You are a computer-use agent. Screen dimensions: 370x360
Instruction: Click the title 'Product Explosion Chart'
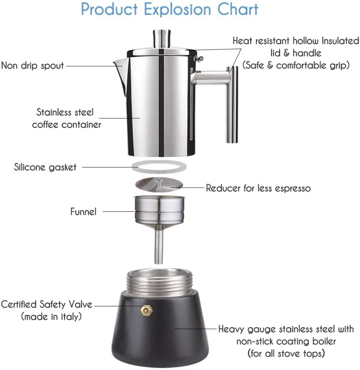coord(170,10)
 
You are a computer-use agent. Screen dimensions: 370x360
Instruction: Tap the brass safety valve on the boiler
coord(146,309)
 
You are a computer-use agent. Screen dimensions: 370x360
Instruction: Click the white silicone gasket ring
coord(159,167)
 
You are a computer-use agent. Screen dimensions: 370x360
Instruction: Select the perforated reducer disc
coord(159,184)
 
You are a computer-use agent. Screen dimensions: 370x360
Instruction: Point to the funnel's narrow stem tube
coord(158,247)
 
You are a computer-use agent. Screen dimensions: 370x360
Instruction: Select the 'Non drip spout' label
coord(32,65)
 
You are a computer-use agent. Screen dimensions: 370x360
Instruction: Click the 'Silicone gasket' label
coord(45,167)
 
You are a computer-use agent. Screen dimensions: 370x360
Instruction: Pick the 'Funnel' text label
coord(83,211)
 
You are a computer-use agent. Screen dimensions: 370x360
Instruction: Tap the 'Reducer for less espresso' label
coord(258,188)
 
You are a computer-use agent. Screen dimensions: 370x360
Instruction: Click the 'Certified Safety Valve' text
coord(47,304)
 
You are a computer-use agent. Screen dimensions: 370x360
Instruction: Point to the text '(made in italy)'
coord(51,317)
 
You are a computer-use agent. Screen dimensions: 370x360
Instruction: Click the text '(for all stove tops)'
coord(286,353)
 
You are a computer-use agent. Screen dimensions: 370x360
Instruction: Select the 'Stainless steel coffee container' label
coord(66,118)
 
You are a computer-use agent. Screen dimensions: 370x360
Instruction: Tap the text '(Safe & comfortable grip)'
coord(296,65)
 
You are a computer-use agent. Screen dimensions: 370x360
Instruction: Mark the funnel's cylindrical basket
coord(159,210)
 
